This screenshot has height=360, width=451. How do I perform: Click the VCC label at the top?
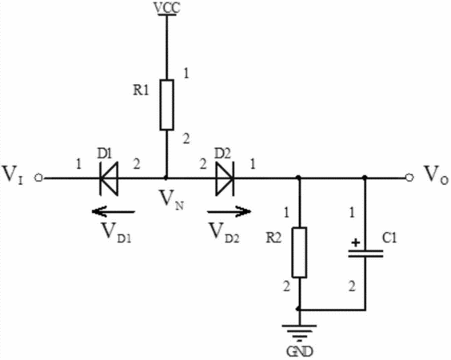167,8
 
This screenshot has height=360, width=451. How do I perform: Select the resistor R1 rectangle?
167,105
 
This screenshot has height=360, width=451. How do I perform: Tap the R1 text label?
141,91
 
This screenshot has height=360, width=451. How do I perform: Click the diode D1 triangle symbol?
109,178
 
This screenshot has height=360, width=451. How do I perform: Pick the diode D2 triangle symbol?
225,178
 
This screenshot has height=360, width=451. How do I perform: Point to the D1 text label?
104,154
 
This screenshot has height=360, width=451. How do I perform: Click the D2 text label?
223,154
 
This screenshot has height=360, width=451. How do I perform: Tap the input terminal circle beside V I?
38,178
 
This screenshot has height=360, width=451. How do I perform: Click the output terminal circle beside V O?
409,178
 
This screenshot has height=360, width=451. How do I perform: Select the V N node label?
172,200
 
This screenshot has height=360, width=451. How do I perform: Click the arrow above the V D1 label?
113,212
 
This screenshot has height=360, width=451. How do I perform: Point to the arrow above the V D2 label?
229,212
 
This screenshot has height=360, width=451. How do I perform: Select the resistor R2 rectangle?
299,252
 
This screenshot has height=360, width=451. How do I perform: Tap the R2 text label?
273,238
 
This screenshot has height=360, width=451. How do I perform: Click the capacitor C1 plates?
365,254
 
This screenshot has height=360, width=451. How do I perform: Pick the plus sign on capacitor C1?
356,243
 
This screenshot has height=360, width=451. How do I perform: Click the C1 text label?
390,238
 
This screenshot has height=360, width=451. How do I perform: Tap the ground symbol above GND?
299,333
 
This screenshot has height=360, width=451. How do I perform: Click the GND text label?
299,351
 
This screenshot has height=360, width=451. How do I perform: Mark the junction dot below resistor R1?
166,178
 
